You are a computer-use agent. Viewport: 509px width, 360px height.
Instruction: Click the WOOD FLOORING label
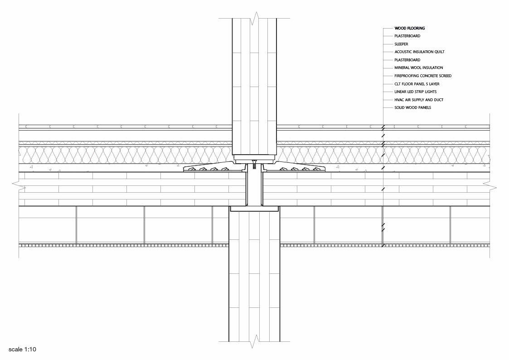click(x=409, y=28)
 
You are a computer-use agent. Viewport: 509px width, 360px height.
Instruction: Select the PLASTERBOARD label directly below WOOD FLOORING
click(x=407, y=36)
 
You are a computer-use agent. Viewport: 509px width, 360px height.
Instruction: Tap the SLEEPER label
click(x=401, y=44)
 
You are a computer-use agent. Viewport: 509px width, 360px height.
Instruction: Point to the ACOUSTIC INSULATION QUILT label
click(x=419, y=52)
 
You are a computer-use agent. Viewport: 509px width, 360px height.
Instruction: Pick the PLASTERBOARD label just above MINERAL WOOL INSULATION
click(x=407, y=60)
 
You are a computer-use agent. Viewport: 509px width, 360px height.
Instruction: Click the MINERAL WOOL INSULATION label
click(x=419, y=68)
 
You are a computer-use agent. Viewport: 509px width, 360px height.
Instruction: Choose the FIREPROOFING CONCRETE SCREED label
click(x=423, y=76)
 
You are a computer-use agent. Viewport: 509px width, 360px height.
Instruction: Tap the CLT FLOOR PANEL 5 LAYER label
click(x=417, y=84)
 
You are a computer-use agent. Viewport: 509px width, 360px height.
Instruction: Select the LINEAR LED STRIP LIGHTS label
click(x=416, y=92)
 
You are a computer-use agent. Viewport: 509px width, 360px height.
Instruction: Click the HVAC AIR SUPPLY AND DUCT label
click(x=419, y=100)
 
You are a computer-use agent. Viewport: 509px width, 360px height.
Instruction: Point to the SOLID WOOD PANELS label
click(x=412, y=108)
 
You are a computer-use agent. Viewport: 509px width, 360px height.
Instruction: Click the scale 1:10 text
click(x=22, y=350)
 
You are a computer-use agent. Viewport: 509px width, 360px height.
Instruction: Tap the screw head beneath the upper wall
click(x=254, y=162)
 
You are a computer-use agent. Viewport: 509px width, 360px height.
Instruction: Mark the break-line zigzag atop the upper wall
click(x=254, y=19)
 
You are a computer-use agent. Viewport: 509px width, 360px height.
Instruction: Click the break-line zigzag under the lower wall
click(x=254, y=341)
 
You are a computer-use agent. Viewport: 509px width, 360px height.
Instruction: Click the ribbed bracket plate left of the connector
click(x=214, y=167)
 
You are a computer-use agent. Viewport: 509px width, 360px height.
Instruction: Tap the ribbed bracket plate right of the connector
click(x=295, y=167)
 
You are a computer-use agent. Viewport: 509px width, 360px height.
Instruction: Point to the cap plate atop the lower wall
click(x=255, y=209)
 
